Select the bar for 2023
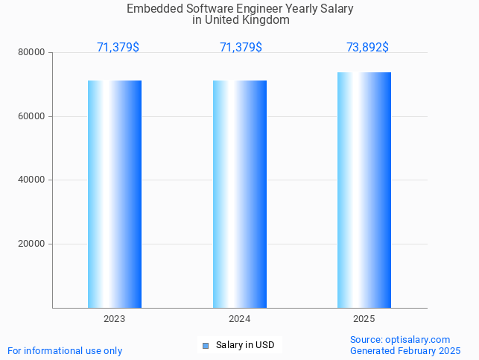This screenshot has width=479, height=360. (115, 194)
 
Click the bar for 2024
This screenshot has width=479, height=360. (240, 194)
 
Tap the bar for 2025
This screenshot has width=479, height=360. (364, 190)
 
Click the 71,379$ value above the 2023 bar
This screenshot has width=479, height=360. (118, 48)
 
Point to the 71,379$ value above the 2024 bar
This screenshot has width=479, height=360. (241, 48)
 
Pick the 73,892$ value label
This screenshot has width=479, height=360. (367, 48)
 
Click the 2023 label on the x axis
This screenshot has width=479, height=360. (115, 319)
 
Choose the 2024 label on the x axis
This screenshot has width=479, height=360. (240, 319)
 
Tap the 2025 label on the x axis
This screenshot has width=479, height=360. (364, 319)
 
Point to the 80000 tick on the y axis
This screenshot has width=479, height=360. (32, 53)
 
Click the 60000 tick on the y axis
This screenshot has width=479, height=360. (32, 116)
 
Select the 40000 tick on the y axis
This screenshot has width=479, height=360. (32, 180)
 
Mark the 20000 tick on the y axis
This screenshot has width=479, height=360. (32, 244)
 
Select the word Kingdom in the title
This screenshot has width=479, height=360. (262, 20)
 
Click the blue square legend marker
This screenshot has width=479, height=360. (206, 345)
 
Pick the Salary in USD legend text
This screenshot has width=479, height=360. (245, 345)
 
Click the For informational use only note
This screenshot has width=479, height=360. (65, 350)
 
